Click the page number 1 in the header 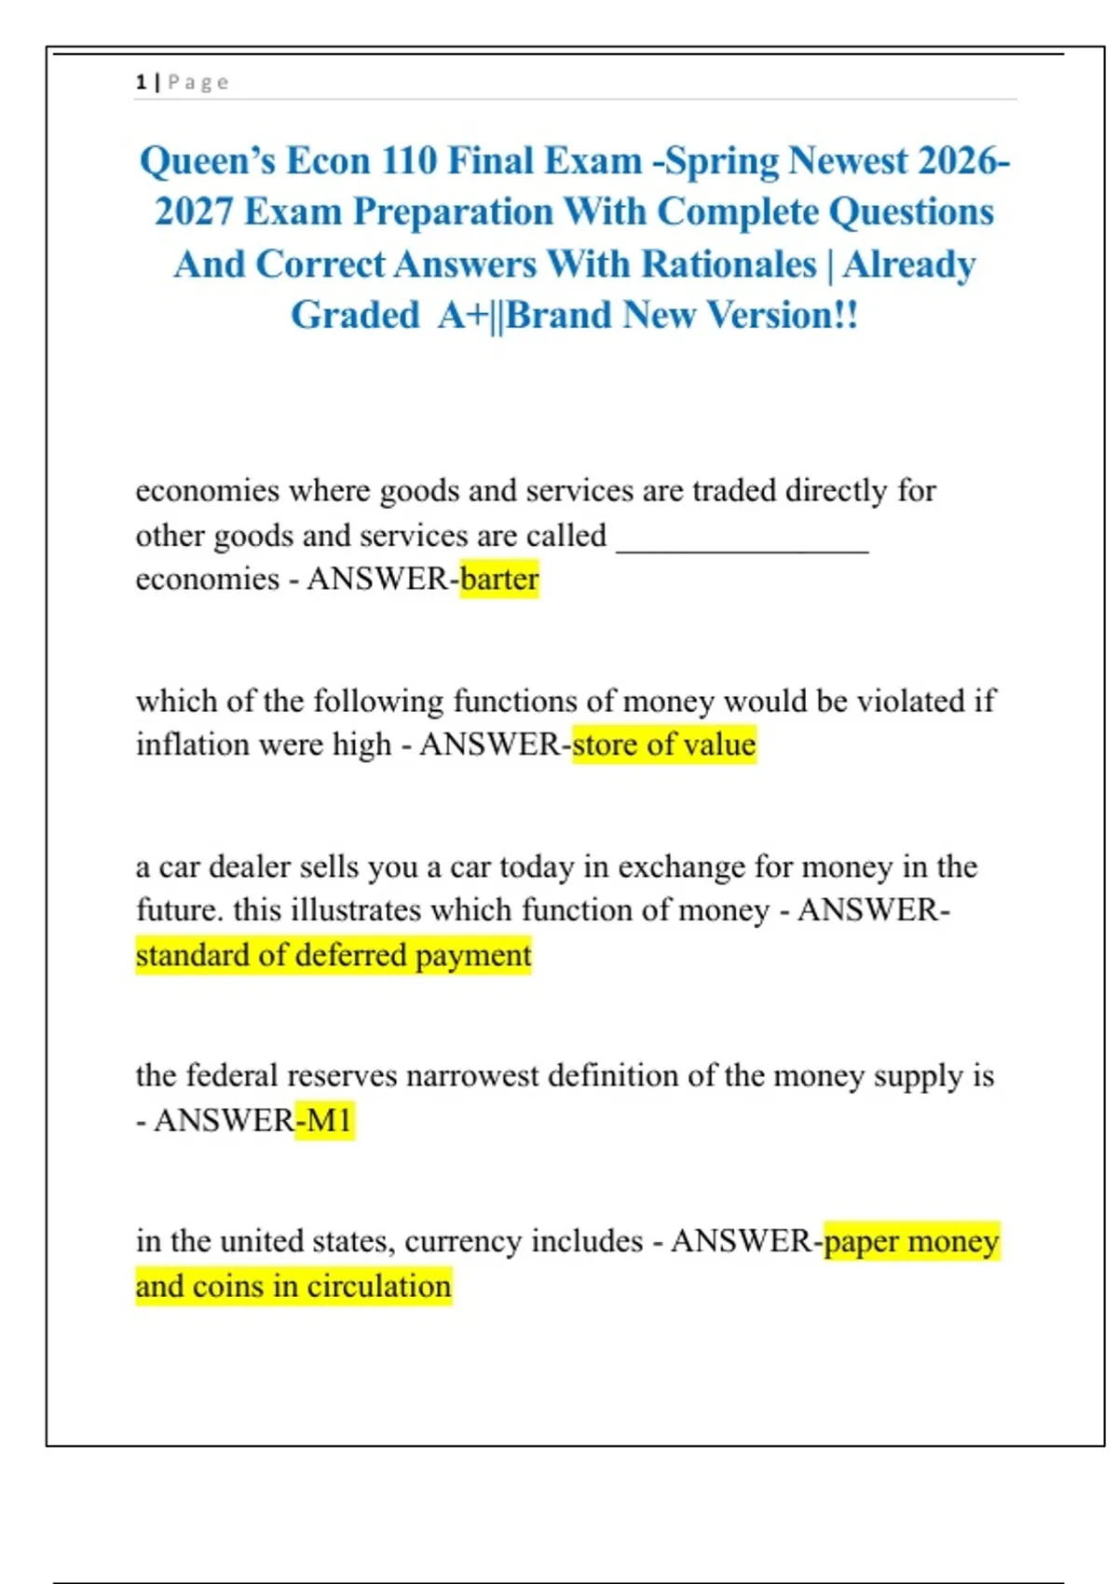pyautogui.click(x=141, y=83)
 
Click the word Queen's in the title pyautogui.click(x=207, y=161)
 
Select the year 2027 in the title pyautogui.click(x=193, y=212)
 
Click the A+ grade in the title pyautogui.click(x=463, y=316)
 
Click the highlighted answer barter pyautogui.click(x=499, y=580)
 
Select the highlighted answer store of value pyautogui.click(x=664, y=745)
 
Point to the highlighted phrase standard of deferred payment pyautogui.click(x=334, y=956)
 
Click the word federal pyautogui.click(x=232, y=1076)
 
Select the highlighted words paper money pyautogui.click(x=912, y=1242)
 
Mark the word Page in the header pyautogui.click(x=198, y=83)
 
